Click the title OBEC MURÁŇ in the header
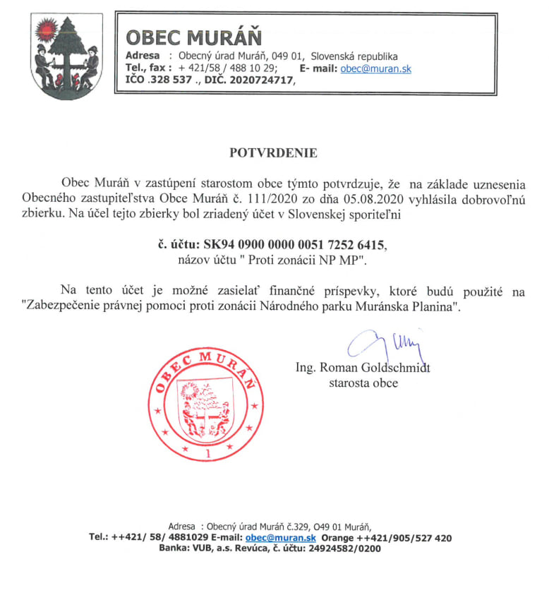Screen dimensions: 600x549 coord(193,36)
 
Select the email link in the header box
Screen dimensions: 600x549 coord(375,68)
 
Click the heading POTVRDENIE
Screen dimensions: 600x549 coord(274,152)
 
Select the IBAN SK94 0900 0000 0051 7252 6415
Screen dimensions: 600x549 coord(295,244)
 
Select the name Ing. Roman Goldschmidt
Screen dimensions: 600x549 coord(363,367)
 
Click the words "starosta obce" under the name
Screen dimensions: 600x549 coord(363,383)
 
